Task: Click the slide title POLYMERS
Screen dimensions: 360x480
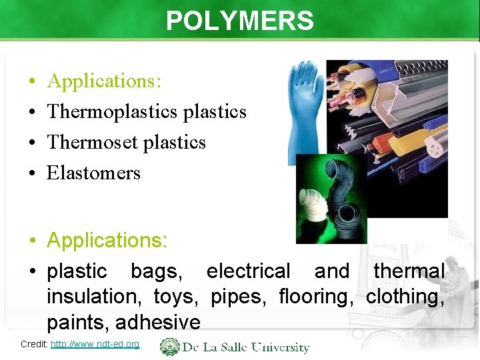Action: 239,21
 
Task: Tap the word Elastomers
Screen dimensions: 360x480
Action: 93,173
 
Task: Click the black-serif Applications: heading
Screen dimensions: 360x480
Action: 104,81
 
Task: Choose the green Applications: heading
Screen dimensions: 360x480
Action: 107,240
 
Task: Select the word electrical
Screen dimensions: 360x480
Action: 248,271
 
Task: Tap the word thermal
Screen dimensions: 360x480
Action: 409,271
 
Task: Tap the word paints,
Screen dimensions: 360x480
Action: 77,322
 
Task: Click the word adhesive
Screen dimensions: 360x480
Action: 158,322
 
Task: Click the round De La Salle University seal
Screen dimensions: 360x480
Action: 170,347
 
